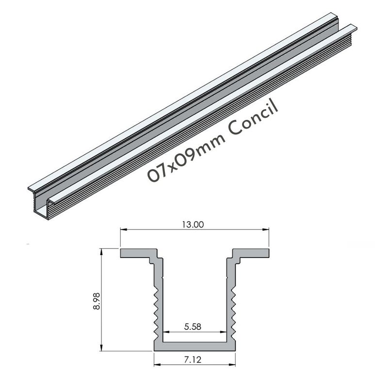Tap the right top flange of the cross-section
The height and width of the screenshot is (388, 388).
coord(250,254)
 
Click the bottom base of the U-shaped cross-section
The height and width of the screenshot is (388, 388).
coord(194,345)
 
